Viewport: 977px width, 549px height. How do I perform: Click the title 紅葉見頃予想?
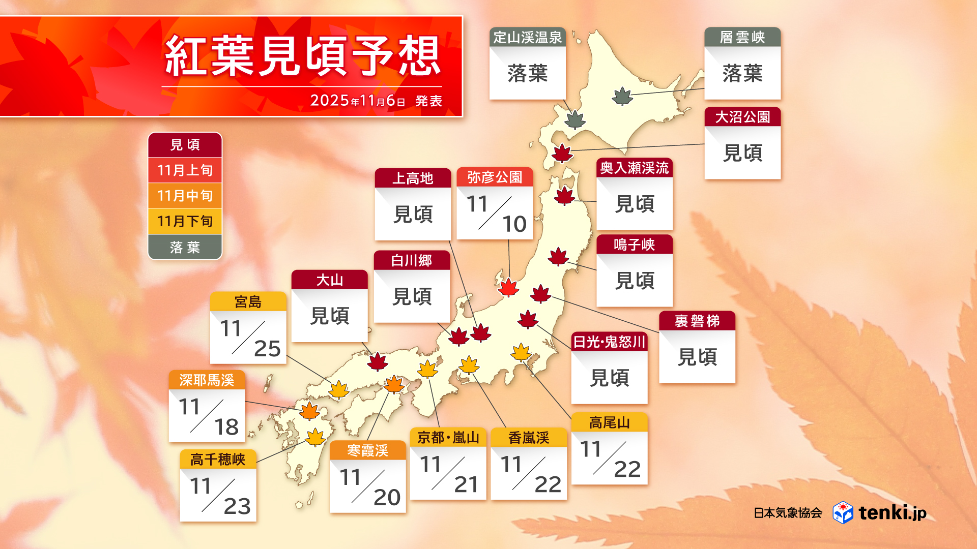(302, 56)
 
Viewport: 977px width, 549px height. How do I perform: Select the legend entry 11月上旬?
(185, 170)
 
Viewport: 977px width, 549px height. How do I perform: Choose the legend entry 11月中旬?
(185, 196)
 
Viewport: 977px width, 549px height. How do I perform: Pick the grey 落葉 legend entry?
(185, 248)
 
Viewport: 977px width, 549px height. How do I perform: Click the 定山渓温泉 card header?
(527, 37)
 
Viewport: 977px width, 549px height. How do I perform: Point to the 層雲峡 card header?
(742, 37)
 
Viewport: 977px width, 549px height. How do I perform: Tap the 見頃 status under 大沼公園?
(742, 153)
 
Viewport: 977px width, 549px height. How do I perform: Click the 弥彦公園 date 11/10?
(495, 213)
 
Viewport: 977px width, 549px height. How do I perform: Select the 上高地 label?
(413, 178)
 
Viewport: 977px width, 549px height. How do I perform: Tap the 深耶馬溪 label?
(207, 380)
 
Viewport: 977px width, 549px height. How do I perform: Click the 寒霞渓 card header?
(367, 450)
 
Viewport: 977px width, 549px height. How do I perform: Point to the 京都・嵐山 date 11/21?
(448, 474)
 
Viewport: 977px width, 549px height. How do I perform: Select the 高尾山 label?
(609, 422)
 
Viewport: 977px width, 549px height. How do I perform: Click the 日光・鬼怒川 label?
(609, 342)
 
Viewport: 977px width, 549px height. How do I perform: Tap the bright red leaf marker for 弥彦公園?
(508, 288)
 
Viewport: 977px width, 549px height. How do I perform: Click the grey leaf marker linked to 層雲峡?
(622, 96)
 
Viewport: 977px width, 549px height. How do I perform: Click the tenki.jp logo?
(880, 512)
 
